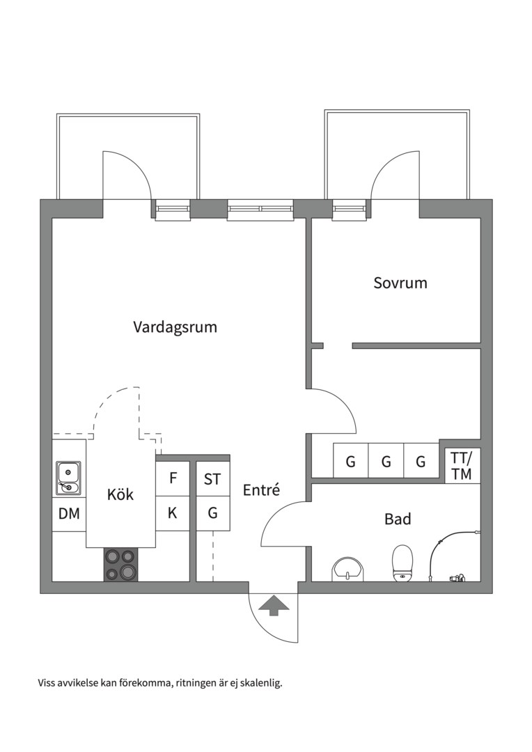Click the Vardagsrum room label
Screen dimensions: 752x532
175,327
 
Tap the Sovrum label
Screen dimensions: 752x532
400,283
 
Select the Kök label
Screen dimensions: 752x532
120,495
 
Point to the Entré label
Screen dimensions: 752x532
261,490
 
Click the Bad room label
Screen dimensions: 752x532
398,519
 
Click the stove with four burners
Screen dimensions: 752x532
120,565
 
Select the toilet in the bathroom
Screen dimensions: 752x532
402,563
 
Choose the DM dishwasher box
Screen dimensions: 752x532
68,514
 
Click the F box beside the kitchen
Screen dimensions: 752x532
173,478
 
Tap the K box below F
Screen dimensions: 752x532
173,514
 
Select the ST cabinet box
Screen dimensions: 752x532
212,479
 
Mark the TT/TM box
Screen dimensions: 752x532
461,466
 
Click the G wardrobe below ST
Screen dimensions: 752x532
212,514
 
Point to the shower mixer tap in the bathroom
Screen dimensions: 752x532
457,577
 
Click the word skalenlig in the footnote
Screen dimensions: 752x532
259,683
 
